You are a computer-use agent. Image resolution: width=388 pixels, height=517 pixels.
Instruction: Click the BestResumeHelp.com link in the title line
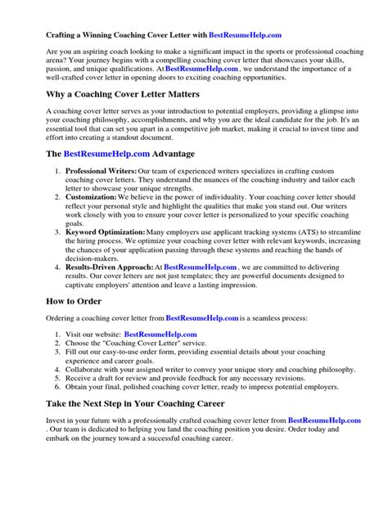point(245,36)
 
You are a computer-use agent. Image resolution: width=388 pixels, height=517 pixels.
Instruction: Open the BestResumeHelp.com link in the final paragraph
point(324,443)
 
